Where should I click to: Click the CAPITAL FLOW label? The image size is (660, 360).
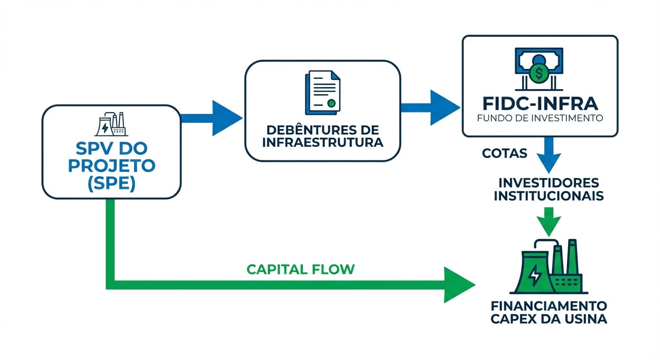tap(300, 269)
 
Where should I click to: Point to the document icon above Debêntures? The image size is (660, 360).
tap(322, 92)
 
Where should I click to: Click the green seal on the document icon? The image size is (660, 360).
tap(332, 103)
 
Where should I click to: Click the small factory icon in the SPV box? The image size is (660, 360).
tap(111, 124)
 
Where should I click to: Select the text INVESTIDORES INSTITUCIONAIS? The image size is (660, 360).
tap(548, 189)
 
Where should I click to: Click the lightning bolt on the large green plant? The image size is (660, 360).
tap(534, 276)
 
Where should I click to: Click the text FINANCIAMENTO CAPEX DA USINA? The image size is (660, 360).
tap(548, 313)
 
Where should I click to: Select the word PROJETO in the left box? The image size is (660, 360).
tap(111, 166)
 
